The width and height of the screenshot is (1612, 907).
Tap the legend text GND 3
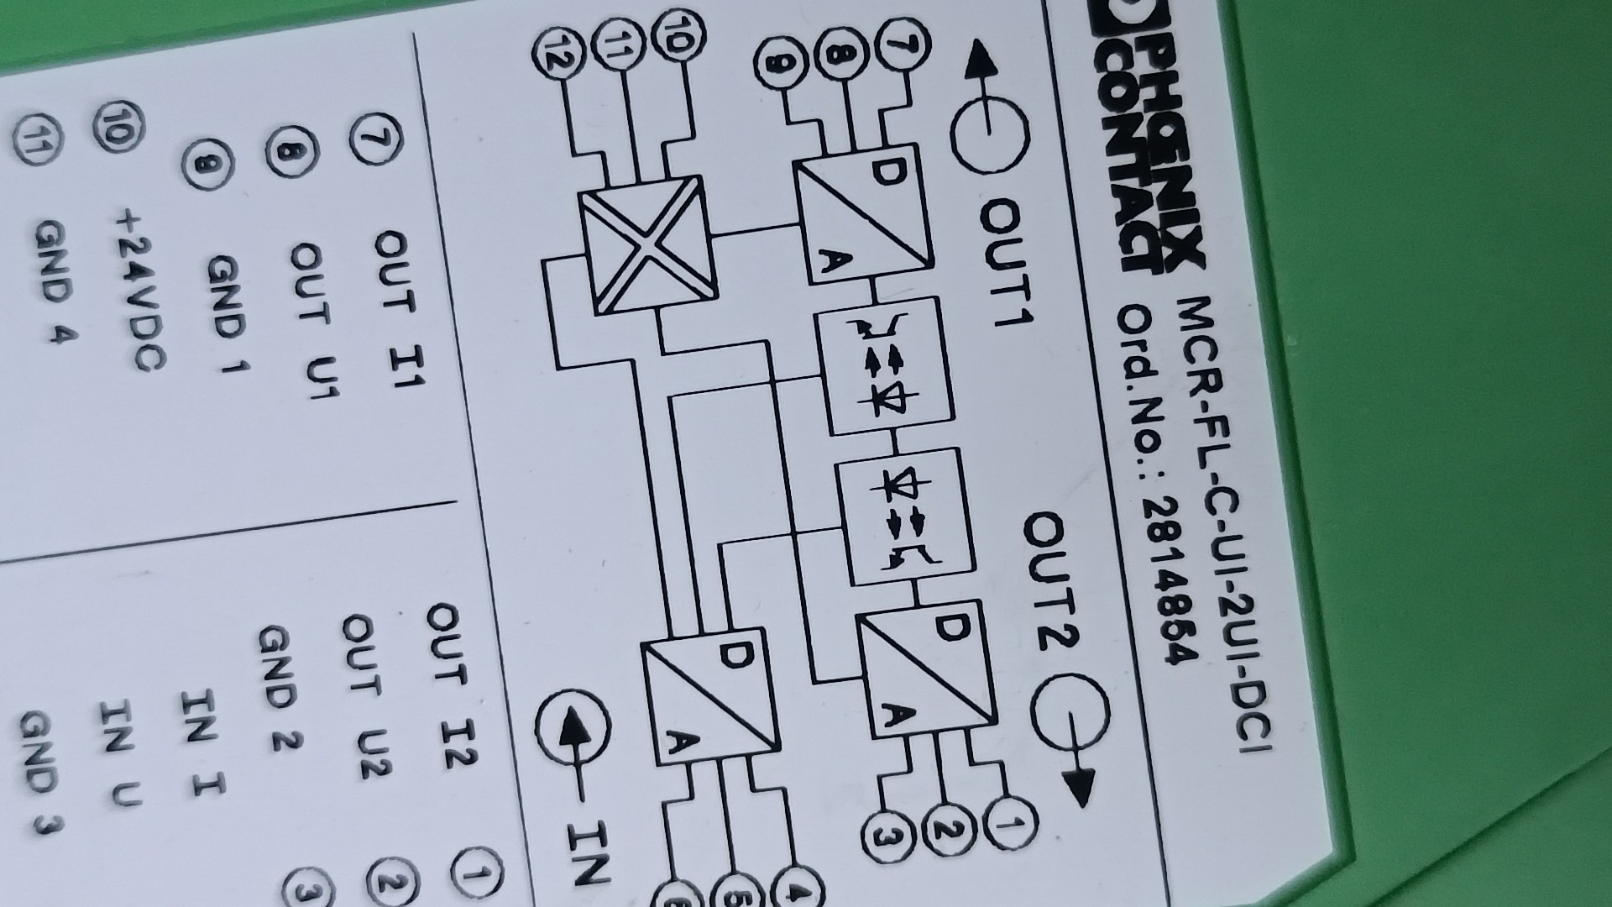(42, 773)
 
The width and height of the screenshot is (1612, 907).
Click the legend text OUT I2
(453, 684)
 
